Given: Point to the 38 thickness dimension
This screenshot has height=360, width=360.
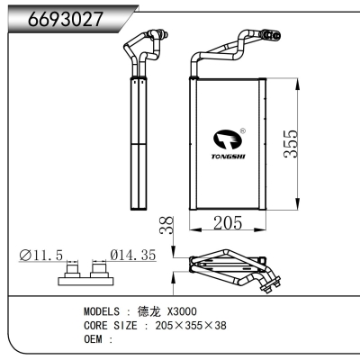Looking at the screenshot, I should [x=165, y=225].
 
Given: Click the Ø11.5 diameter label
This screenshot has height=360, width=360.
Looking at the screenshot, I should [x=41, y=256].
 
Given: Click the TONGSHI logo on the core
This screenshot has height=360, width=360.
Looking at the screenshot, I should [x=227, y=144].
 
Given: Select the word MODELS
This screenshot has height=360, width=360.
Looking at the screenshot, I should [x=103, y=311].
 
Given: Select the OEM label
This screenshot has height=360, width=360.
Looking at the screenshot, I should [x=94, y=339].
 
